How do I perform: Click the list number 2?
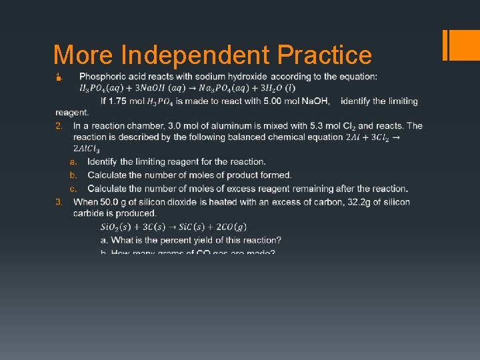click(x=59, y=126)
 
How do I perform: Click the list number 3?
click(x=59, y=202)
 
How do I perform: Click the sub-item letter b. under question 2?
click(x=73, y=175)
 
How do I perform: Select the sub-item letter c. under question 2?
click(x=73, y=189)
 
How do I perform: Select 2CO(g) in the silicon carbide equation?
click(x=229, y=227)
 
